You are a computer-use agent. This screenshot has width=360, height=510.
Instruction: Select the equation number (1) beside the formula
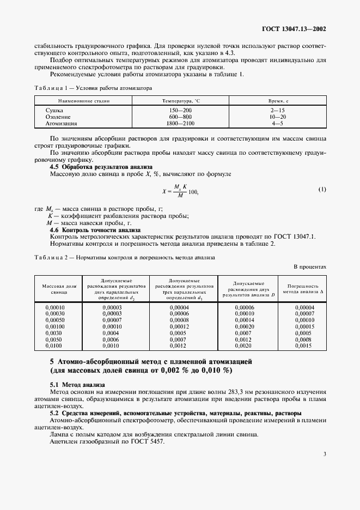tap(322, 190)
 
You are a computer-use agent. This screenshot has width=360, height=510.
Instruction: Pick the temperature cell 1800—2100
tap(180, 123)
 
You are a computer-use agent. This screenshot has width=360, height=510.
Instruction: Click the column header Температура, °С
tap(181, 101)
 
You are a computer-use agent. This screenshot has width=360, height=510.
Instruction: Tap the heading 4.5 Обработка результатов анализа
tap(101, 166)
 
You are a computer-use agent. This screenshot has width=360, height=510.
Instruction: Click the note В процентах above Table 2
tap(309, 268)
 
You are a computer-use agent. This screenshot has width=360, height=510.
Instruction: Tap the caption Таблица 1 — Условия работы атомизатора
tap(93, 88)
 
